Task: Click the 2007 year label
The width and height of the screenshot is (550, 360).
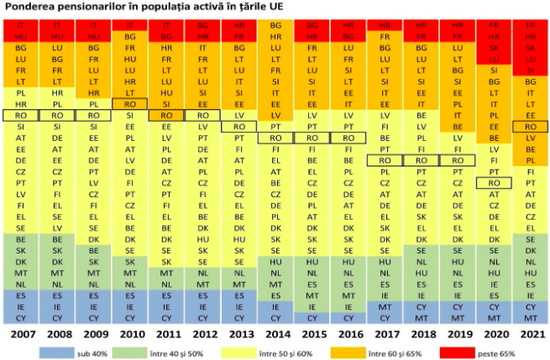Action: click(x=21, y=334)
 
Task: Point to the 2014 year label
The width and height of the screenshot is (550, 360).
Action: click(x=275, y=334)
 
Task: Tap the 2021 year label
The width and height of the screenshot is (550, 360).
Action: click(x=529, y=334)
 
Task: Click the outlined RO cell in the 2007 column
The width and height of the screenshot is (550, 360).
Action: click(x=21, y=115)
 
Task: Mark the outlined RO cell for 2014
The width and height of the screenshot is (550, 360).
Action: click(x=275, y=137)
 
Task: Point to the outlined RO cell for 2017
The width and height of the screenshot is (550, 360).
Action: click(x=384, y=159)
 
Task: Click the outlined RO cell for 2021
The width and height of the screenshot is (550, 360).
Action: click(x=529, y=126)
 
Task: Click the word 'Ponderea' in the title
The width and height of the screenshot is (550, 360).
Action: click(x=29, y=8)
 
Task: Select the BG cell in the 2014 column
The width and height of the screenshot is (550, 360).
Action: click(x=275, y=26)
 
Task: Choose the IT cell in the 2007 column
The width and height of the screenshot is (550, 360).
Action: click(x=21, y=26)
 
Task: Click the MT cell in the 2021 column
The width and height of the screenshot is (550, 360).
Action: click(x=529, y=317)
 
